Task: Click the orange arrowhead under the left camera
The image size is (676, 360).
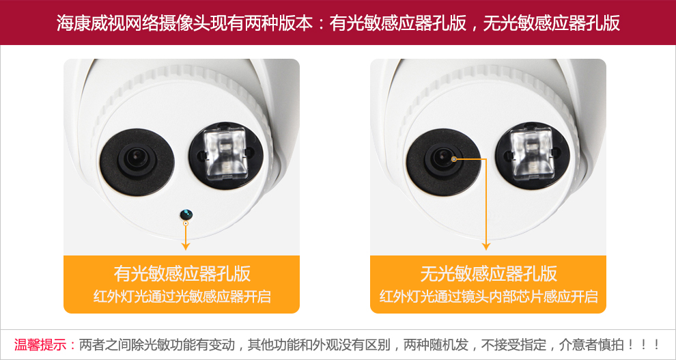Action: click(185, 246)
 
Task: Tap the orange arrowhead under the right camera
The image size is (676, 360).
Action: click(486, 246)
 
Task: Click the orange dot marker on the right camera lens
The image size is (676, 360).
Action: click(454, 159)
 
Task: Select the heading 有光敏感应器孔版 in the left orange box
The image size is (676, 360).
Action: click(182, 273)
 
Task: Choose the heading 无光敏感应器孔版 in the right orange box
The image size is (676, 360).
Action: click(488, 273)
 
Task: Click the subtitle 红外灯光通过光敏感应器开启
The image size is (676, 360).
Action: click(182, 296)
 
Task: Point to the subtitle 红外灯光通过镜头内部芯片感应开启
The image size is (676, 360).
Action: click(488, 296)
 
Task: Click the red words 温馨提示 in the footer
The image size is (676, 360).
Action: click(40, 345)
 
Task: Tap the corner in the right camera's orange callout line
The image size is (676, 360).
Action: click(486, 159)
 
